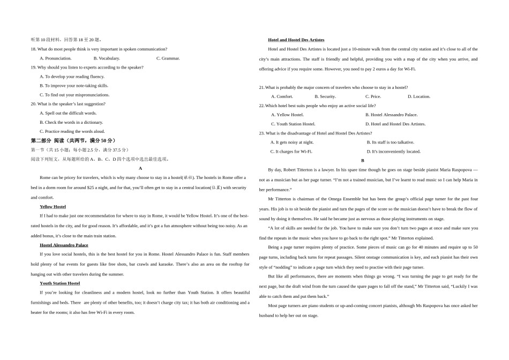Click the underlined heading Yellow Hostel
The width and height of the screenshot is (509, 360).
[53, 206]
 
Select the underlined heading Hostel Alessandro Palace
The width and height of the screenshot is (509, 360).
[64, 245]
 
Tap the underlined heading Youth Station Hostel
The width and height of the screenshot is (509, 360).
[59, 283]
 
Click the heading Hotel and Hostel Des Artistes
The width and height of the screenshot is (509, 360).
[296, 40]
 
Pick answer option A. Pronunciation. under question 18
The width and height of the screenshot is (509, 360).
[56, 58]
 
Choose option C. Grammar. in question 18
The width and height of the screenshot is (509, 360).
[168, 58]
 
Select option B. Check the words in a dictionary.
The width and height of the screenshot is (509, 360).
[71, 122]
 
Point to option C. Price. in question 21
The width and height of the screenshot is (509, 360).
[369, 96]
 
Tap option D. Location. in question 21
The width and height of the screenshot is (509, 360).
[418, 96]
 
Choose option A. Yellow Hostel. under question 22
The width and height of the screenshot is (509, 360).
[287, 115]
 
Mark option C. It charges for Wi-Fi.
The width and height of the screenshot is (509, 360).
[291, 152]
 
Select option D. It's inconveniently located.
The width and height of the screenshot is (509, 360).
[393, 152]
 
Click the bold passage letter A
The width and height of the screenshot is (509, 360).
[140, 168]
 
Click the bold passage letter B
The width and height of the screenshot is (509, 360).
[362, 160]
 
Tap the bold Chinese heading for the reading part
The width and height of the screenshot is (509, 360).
[72, 140]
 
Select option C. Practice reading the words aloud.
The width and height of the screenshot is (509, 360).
[72, 131]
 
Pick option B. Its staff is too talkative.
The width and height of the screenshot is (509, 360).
[390, 142]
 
